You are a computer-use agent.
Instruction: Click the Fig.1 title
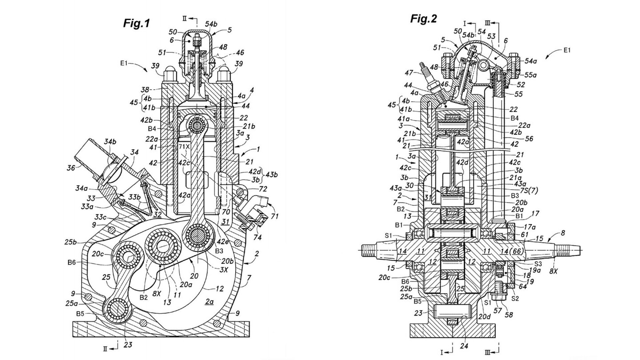pos(136,24)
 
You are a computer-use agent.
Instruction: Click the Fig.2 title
pos(424,19)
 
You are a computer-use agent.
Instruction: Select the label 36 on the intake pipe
pos(71,168)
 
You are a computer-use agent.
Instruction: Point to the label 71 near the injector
pos(274,216)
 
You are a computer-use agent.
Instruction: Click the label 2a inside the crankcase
pos(209,301)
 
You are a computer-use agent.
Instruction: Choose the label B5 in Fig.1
pos(80,314)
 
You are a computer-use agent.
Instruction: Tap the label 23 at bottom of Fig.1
pos(128,345)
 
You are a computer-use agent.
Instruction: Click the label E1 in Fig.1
pos(124,64)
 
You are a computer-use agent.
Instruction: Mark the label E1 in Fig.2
pos(567,50)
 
